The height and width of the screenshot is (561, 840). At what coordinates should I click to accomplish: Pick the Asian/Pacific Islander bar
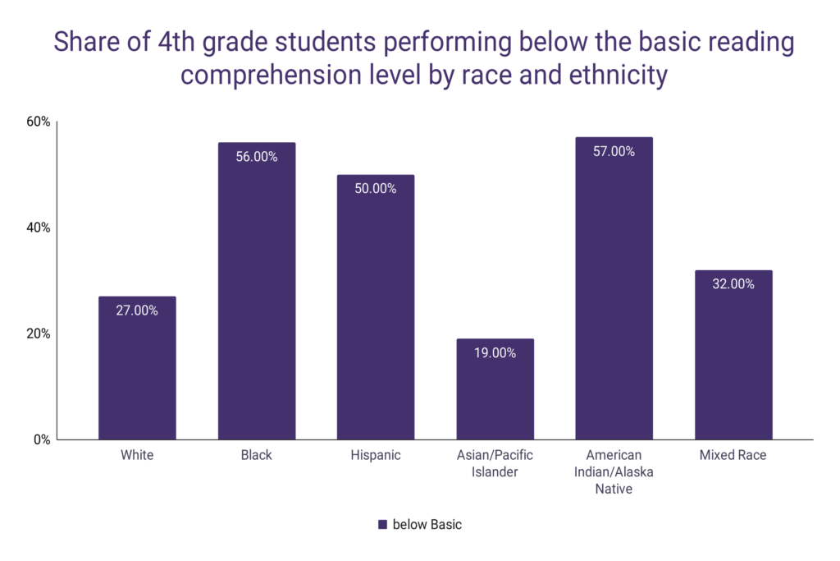[x=495, y=389]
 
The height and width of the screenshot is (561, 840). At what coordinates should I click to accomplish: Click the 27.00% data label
[x=137, y=310]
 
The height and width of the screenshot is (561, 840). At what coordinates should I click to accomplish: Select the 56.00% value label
[x=256, y=157]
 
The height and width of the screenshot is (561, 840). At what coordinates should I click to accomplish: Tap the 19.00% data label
[x=495, y=353]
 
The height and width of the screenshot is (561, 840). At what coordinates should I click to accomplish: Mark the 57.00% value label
[x=614, y=151]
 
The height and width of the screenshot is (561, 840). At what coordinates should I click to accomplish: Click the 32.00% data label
[x=733, y=284]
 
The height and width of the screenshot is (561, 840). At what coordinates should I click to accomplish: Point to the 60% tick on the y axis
[x=39, y=122]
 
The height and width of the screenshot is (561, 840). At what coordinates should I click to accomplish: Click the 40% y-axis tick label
[x=39, y=228]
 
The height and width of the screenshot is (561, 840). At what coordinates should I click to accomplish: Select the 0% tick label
[x=42, y=439]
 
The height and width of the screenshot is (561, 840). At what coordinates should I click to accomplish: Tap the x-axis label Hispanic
[x=375, y=455]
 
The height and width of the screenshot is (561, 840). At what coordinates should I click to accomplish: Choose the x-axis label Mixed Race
[x=733, y=455]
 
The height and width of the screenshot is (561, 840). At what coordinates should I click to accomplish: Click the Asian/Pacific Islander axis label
[x=495, y=463]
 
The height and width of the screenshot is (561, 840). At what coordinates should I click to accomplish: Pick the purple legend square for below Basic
[x=381, y=525]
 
